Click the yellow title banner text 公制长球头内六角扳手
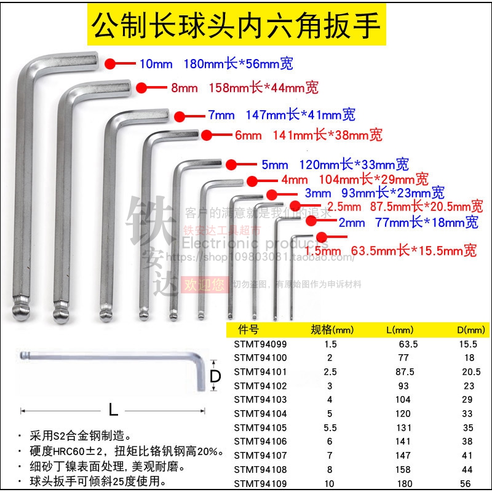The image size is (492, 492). (x=237, y=25)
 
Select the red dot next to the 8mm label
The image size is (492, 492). (x=142, y=87)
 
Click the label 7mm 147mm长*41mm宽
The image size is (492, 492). (x=282, y=115)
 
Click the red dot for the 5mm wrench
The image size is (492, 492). (x=231, y=164)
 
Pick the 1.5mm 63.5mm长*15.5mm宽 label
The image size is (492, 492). (x=390, y=251)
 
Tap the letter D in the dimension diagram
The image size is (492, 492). (x=215, y=376)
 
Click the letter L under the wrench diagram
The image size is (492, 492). (x=113, y=408)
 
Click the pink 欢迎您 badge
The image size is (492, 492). (x=199, y=285)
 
